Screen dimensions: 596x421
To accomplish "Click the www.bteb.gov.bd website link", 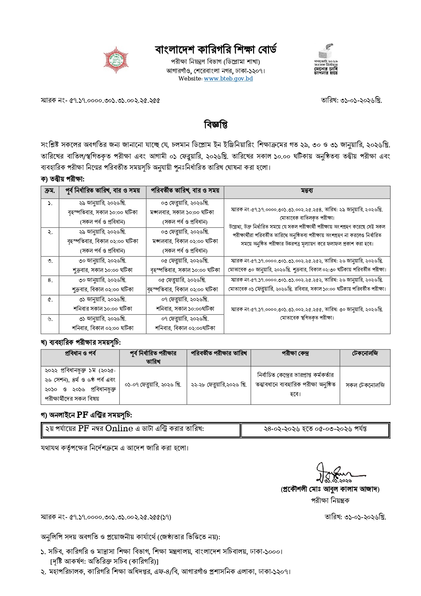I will coord(228,79).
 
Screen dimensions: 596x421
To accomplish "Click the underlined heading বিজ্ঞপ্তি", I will coord(215,125).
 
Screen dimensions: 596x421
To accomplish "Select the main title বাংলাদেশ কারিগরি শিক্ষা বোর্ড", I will coord(216,50).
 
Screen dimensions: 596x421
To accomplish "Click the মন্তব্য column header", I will coord(307,191).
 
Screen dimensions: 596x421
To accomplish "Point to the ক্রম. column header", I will coord(50,191).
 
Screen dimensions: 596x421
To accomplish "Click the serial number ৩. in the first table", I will coord(50,261).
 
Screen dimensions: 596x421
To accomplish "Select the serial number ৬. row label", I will coord(50,319).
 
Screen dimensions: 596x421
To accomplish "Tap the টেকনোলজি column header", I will coord(365,354).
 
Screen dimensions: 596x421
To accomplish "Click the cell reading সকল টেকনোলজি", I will coord(365,385).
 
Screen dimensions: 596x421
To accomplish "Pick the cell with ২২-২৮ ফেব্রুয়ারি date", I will coord(218,385).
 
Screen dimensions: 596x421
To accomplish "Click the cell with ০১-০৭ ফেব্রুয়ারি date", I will coord(153,385).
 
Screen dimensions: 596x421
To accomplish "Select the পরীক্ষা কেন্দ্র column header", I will coord(295,354).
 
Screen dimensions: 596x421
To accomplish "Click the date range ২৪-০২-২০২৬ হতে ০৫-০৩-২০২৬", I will coord(315,429).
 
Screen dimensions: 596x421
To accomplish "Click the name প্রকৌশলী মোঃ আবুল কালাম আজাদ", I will coord(330,489).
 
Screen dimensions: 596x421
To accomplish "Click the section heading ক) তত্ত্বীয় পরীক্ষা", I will coord(62,179).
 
